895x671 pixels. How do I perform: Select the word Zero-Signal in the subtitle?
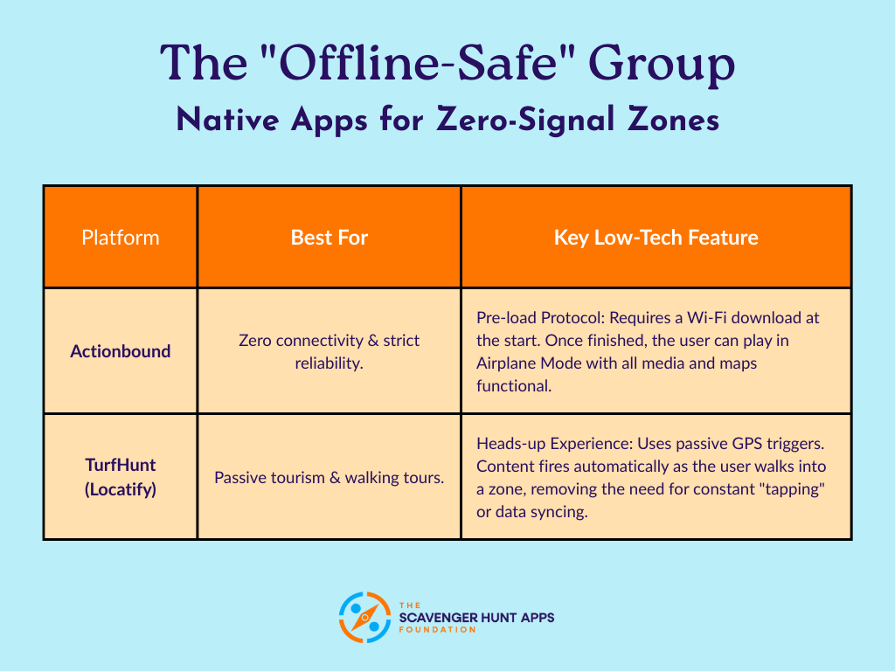[x=544, y=120]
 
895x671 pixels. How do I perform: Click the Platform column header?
[x=120, y=237]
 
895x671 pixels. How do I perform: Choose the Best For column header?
[x=329, y=237]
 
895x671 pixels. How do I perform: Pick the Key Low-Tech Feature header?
[x=656, y=237]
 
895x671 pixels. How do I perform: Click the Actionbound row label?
[x=120, y=351]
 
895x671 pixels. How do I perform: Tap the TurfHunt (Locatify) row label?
[x=120, y=478]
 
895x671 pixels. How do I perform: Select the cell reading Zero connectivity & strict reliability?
[x=329, y=351]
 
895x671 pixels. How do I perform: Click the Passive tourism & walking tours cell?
[x=329, y=478]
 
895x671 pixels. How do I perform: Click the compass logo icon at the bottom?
[x=364, y=618]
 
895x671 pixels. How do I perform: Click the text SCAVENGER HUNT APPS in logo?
[x=475, y=618]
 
